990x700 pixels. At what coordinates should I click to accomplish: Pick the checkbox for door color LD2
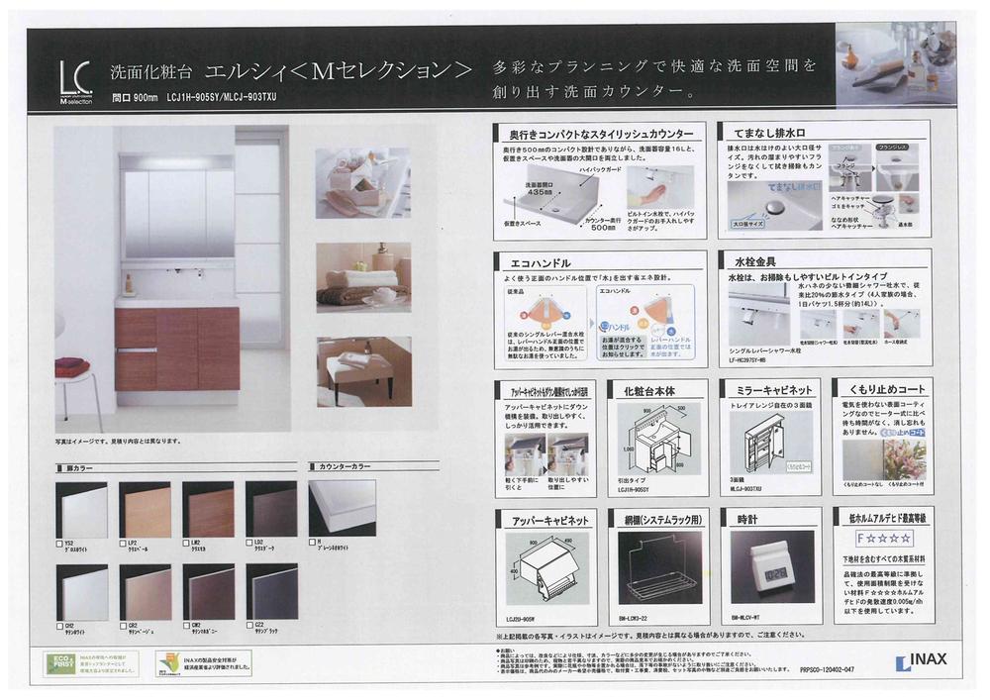pyautogui.click(x=251, y=544)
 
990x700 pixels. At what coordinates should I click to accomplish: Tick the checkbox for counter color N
pyautogui.click(x=312, y=544)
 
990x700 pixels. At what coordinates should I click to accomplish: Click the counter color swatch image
pyautogui.click(x=343, y=507)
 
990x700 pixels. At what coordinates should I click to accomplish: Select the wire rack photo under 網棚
pyautogui.click(x=657, y=572)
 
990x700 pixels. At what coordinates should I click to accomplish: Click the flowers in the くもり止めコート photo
pyautogui.click(x=905, y=454)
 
